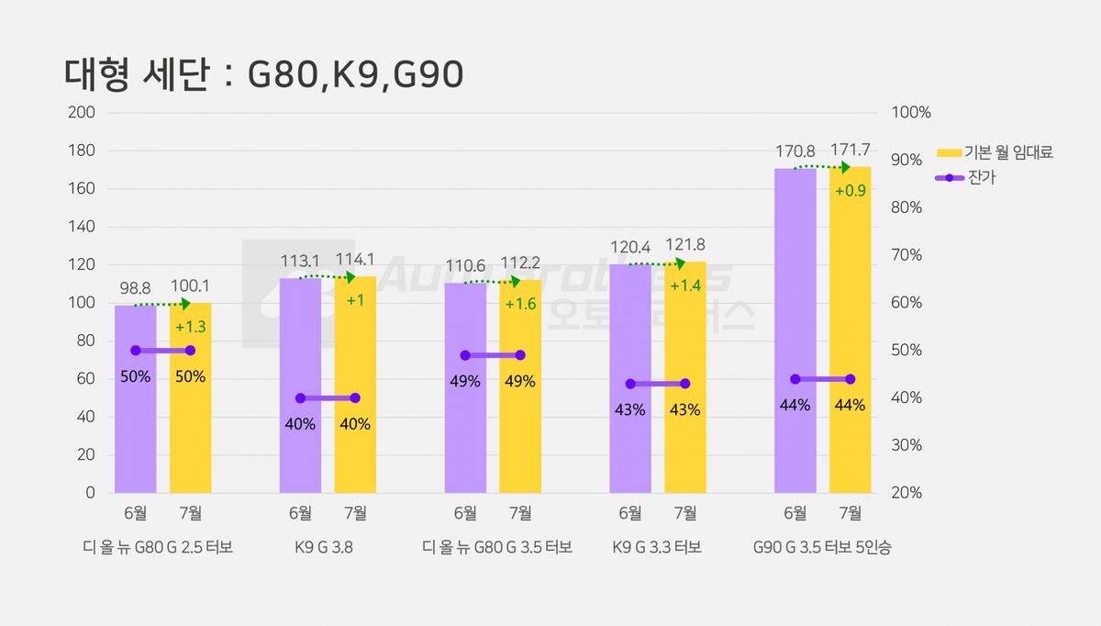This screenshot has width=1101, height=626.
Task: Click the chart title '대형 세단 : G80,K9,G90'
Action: [x=263, y=74]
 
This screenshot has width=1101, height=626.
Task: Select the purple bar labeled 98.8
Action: [x=136, y=398]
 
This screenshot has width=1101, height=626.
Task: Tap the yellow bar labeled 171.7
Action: [x=850, y=330]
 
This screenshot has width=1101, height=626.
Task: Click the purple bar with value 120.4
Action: [x=630, y=378]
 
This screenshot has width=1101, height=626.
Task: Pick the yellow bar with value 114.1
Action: [x=355, y=385]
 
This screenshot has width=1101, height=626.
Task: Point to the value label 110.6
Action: [x=465, y=266]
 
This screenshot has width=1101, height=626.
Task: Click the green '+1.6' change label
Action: [x=520, y=304]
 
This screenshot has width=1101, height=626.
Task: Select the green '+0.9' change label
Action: [x=851, y=191]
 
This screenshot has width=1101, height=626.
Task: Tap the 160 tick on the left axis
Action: [x=82, y=188]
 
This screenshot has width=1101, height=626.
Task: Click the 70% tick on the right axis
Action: [x=906, y=255]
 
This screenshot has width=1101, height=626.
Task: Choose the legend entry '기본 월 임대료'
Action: [x=995, y=152]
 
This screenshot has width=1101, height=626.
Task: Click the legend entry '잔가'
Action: [x=965, y=177]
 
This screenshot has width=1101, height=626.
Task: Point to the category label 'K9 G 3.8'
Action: [x=324, y=547]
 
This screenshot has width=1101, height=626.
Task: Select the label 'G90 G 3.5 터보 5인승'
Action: [x=822, y=547]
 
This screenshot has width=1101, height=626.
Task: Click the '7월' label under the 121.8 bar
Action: [x=685, y=513]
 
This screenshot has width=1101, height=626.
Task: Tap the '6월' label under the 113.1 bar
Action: [x=300, y=513]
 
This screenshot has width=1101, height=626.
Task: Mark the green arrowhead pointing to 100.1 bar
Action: [x=185, y=304]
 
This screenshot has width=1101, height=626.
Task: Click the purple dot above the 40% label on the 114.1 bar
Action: [x=355, y=397]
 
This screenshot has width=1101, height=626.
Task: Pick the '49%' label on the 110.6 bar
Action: [x=465, y=381]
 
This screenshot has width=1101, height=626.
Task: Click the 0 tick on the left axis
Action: [x=91, y=493]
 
